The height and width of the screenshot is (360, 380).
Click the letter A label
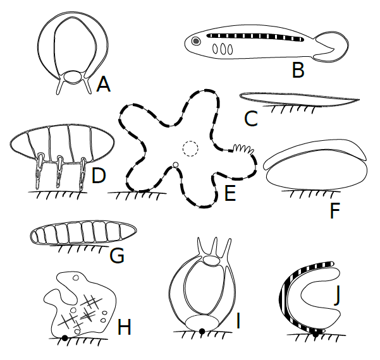[103, 83]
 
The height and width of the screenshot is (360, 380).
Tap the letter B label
[297, 69]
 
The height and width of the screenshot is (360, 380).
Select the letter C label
[250, 118]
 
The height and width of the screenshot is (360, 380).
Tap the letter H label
[125, 327]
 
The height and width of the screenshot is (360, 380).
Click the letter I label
[238, 321]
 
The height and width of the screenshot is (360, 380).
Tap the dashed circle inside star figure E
[190, 148]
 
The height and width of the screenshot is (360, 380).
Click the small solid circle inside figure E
[176, 165]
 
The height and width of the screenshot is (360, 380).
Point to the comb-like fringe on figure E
[243, 150]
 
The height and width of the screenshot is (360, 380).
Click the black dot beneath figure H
[65, 338]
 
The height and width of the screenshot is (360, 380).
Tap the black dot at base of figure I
[202, 331]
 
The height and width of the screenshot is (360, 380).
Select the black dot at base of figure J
[316, 334]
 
